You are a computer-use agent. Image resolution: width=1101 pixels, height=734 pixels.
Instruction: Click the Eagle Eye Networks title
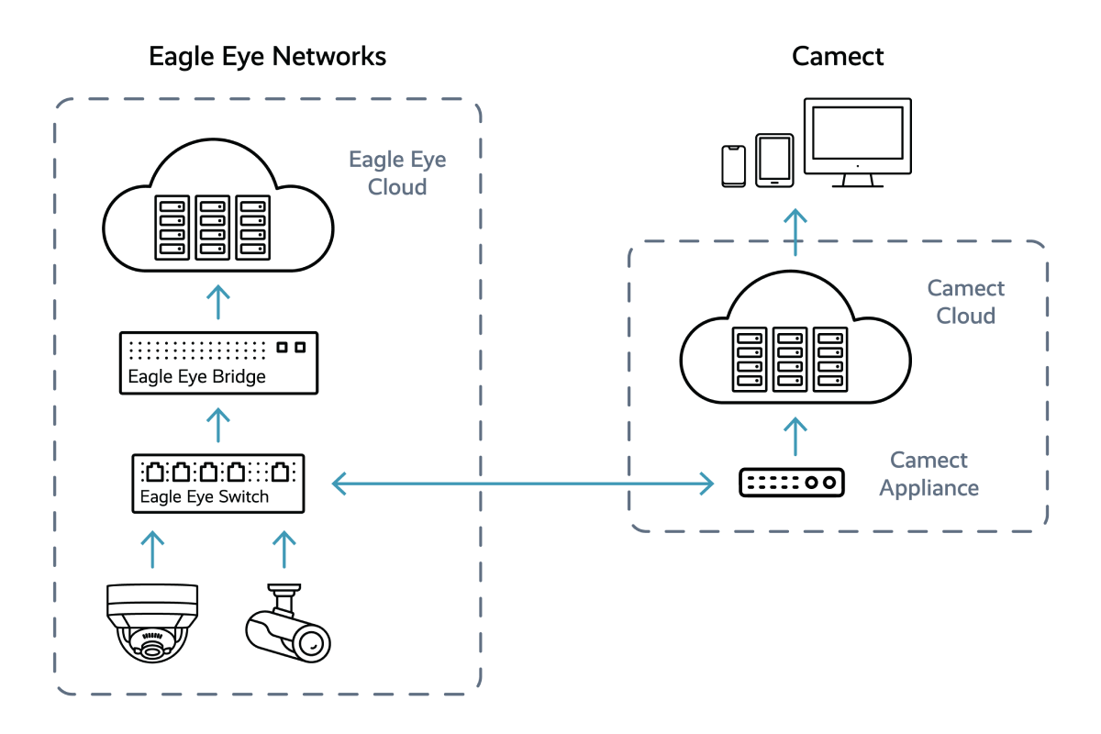point(266,57)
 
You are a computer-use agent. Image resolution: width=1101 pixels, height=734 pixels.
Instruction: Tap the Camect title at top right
point(837,57)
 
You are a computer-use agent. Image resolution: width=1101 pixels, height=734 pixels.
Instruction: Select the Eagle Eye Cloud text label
point(397,173)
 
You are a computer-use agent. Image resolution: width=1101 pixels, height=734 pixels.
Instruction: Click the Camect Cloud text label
point(965,302)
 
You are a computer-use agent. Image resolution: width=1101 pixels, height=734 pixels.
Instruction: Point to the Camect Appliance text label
point(929,473)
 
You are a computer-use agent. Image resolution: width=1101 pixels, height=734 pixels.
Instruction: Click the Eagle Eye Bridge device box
point(219,363)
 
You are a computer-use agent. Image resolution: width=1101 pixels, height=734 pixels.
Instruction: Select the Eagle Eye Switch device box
point(217,484)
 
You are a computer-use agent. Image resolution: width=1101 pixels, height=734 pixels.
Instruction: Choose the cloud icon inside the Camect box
point(795,344)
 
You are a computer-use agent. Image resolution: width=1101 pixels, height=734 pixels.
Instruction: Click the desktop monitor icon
point(856,142)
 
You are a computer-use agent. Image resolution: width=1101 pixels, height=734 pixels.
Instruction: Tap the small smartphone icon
point(734,165)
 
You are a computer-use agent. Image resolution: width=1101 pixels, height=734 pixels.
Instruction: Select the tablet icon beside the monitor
point(773,161)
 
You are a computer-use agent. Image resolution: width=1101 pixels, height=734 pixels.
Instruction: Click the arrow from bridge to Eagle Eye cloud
point(218,302)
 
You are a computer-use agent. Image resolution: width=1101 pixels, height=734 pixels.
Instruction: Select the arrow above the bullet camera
point(284,548)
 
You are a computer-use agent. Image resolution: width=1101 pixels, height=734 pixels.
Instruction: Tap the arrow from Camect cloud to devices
point(795,231)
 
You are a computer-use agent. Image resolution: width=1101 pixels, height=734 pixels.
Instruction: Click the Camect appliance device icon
point(795,483)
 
